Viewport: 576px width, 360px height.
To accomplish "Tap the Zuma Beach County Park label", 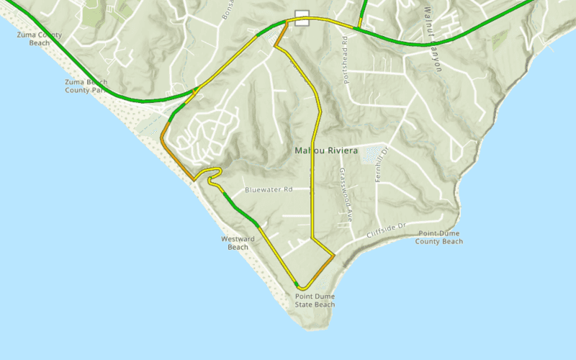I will (x=86, y=86).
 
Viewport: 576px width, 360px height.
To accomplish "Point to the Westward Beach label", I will (x=238, y=243).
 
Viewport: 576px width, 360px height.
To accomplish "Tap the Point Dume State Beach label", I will (x=315, y=300).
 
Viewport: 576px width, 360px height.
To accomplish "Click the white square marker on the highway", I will (x=302, y=19).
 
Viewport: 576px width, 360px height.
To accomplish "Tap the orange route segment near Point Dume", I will (x=325, y=266).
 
